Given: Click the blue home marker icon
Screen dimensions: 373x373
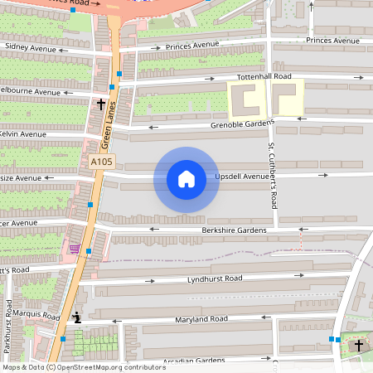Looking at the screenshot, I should point(186,179).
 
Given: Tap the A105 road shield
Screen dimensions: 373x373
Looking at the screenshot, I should point(101,162).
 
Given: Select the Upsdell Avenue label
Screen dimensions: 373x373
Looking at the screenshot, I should point(242,177).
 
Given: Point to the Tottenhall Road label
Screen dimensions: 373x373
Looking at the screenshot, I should point(264,76).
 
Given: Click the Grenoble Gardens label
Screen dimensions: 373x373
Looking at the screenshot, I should point(242,125).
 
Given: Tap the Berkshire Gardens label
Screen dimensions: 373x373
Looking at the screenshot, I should point(234,230).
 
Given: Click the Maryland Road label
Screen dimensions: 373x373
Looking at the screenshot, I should point(201,319).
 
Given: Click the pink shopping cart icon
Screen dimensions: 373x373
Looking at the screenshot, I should point(75,249).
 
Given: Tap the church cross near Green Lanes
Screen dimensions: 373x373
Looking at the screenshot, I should point(101,104).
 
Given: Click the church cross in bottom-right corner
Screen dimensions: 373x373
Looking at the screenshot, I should point(359,345).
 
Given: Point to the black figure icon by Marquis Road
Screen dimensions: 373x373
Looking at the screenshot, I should point(77,317).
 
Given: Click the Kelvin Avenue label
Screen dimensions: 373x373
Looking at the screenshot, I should point(23,133).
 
